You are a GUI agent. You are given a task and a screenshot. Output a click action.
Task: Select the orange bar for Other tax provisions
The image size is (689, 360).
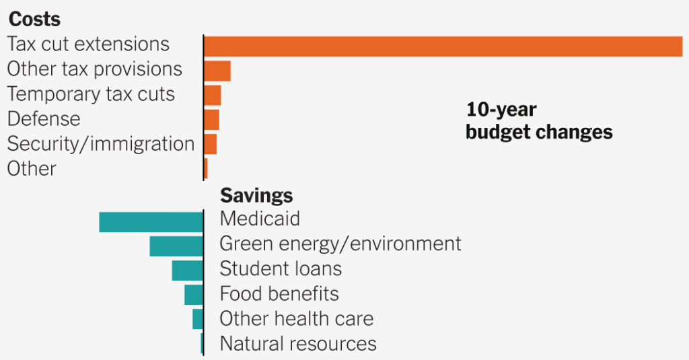[x=217, y=71]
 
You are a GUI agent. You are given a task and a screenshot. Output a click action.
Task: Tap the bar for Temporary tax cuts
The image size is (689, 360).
[x=213, y=95]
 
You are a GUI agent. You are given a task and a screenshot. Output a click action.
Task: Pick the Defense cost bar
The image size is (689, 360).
[x=212, y=120]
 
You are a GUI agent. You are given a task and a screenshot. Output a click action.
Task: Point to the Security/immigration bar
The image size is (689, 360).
[x=211, y=144]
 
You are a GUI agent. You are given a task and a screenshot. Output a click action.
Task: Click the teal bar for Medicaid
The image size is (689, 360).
[x=151, y=221]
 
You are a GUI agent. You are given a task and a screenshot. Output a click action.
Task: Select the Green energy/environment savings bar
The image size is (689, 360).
[x=176, y=246]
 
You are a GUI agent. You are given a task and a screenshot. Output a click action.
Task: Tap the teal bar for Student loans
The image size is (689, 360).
[x=187, y=270]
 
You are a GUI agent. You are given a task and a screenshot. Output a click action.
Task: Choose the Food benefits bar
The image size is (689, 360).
[x=193, y=294]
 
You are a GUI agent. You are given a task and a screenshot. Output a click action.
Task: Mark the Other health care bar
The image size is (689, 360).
[x=197, y=318]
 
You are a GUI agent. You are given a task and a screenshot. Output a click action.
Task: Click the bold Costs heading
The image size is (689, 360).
[x=34, y=20]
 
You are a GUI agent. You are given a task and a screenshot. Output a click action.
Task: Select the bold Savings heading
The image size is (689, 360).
[x=256, y=195]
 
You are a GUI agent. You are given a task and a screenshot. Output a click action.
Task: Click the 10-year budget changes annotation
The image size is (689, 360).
[x=539, y=120]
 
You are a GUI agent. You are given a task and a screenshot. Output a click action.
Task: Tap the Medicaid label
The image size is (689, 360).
[x=260, y=219]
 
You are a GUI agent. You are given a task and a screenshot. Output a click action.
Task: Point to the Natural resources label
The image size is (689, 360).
[x=298, y=344]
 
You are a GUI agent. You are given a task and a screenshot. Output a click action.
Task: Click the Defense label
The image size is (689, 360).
[x=44, y=119]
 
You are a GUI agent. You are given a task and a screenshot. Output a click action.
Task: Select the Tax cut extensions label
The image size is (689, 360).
[x=88, y=44]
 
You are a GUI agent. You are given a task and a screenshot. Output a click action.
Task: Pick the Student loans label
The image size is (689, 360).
[x=281, y=269]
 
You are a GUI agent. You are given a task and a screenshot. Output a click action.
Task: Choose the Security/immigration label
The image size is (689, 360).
[x=101, y=144]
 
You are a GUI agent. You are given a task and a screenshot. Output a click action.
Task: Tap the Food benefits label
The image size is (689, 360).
[x=279, y=294]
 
